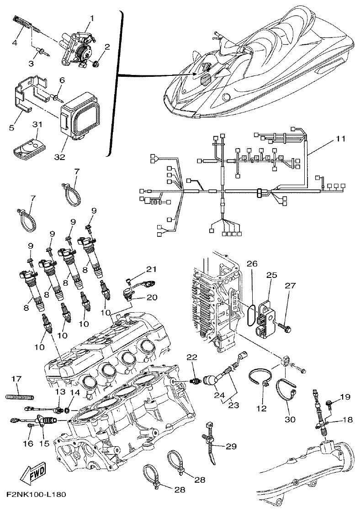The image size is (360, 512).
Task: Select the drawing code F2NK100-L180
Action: click(37, 495)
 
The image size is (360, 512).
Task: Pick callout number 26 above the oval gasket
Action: click(252, 264)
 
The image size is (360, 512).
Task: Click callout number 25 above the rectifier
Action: click(272, 275)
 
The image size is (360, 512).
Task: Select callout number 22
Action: click(193, 357)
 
